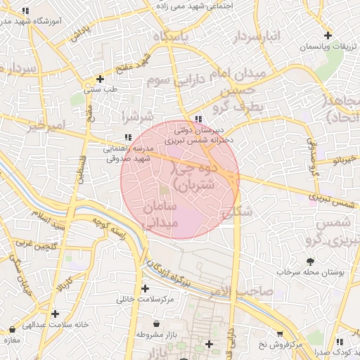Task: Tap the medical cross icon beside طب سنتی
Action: [101, 79]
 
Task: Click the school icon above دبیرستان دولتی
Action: [200, 119]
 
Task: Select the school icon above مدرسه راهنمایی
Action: [127, 137]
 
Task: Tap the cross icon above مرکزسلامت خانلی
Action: [145, 288]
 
